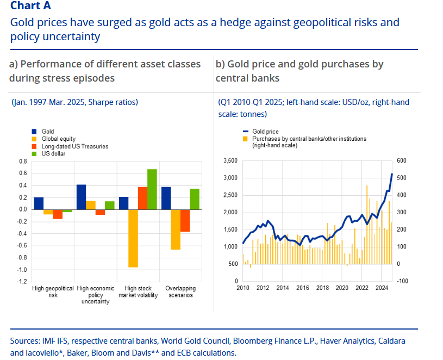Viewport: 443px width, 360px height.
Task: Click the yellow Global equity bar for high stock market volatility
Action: [133, 238]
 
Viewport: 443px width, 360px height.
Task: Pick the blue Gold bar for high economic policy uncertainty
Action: [81, 197]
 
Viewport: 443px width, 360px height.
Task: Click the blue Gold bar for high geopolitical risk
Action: [39, 203]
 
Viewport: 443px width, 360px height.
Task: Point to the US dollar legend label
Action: [53, 154]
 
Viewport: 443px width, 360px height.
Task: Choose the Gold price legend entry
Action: [264, 132]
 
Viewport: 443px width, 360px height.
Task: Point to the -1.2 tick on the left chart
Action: [22, 282]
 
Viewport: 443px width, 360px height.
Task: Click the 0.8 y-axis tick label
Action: [23, 162]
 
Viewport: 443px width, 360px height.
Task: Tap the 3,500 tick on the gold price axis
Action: [230, 161]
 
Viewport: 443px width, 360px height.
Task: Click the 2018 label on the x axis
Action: [322, 288]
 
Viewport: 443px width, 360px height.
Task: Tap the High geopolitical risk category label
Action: [53, 291]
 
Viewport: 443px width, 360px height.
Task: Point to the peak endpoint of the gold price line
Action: [392, 174]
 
